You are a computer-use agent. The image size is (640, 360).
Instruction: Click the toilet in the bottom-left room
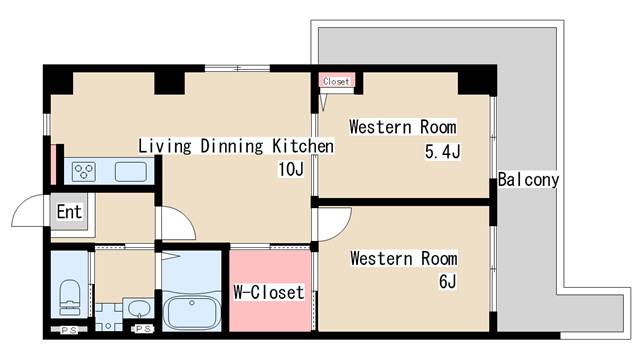pyautogui.click(x=70, y=297)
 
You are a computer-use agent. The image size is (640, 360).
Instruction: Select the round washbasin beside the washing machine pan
pyautogui.click(x=139, y=308)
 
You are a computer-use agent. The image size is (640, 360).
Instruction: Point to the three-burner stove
pyautogui.click(x=84, y=171)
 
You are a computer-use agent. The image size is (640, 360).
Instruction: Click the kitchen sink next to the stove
pyautogui.click(x=131, y=171)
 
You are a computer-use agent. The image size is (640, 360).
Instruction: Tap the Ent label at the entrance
pyautogui.click(x=69, y=212)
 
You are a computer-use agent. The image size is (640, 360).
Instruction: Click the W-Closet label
pyautogui.click(x=269, y=292)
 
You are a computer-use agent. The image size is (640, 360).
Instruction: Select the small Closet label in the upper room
pyautogui.click(x=336, y=82)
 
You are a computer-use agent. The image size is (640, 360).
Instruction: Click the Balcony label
pyautogui.click(x=528, y=180)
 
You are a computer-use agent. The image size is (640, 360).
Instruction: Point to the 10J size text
pyautogui.click(x=291, y=169)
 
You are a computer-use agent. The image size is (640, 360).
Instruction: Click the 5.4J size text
pyautogui.click(x=442, y=152)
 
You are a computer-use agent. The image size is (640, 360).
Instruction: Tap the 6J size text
pyautogui.click(x=447, y=282)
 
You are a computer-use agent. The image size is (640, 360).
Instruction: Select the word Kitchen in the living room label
pyautogui.click(x=303, y=146)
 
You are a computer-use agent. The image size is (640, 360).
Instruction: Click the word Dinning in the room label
pyautogui.click(x=231, y=146)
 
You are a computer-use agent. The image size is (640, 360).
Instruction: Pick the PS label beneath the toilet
pyautogui.click(x=69, y=330)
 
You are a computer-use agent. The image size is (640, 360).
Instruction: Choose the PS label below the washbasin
pyautogui.click(x=143, y=329)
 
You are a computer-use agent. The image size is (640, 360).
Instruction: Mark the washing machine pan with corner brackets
pyautogui.click(x=109, y=317)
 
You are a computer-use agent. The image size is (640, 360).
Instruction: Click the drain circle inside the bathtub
pyautogui.click(x=191, y=303)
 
